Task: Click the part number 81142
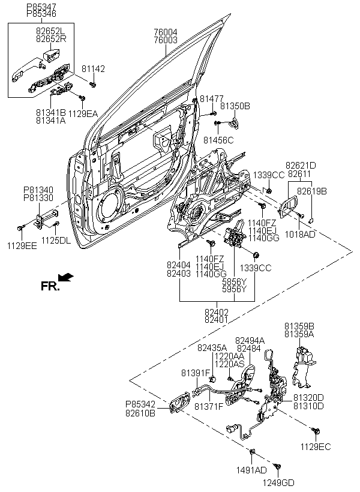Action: click(93, 69)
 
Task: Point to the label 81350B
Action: click(235, 106)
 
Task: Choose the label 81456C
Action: click(218, 140)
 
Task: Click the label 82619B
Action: click(314, 191)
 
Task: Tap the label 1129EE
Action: click(22, 246)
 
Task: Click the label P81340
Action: click(38, 190)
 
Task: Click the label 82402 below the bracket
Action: click(217, 313)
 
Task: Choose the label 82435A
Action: click(212, 347)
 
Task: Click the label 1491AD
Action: click(252, 471)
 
